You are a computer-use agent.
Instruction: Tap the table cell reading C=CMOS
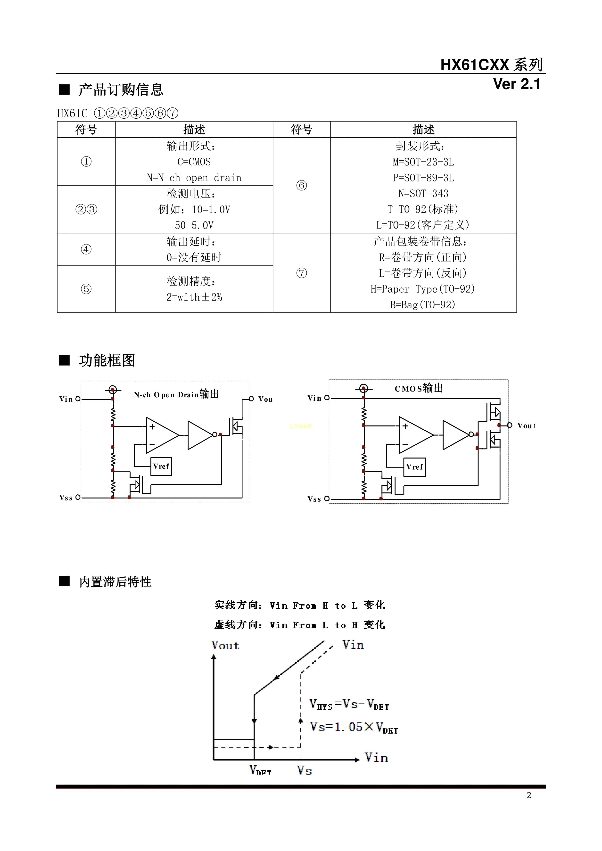194,162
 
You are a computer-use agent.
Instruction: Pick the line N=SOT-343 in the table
423,194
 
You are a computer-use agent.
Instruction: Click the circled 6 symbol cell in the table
301,185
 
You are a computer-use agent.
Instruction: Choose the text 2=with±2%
194,297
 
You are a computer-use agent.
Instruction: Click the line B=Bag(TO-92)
423,305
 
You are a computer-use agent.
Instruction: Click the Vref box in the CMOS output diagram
414,467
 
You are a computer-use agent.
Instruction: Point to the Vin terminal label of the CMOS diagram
314,398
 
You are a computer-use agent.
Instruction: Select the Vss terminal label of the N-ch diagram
66,498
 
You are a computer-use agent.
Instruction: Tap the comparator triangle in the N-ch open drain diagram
162,435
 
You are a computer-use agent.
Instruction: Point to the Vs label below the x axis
304,770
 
